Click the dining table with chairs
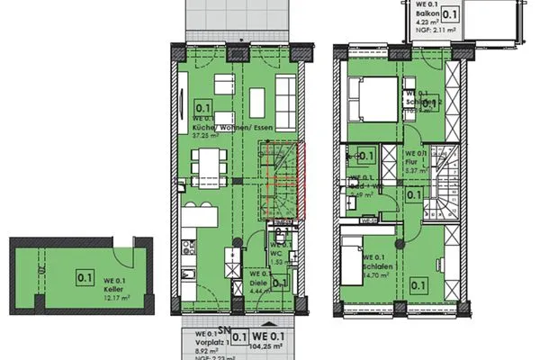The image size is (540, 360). [x=210, y=165]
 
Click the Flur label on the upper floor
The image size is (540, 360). [x=411, y=163]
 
